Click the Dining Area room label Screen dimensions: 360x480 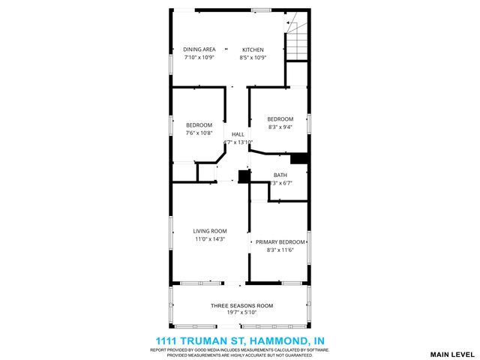pos(199,49)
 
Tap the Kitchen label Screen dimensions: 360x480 pos(253,49)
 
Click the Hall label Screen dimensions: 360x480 pos(238,133)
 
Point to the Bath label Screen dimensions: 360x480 pos(280,175)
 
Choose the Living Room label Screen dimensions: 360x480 pos(209,231)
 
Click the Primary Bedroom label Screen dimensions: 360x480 pos(280,241)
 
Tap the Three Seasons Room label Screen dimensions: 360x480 pos(241,306)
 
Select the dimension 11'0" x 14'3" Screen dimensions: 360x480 pos(209,239)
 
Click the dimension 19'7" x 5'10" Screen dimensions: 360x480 pos(241,314)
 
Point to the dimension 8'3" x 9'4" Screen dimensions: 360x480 pos(280,127)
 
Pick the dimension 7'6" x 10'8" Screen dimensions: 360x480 pos(199,133)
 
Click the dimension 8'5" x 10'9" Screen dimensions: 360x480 pos(253,58)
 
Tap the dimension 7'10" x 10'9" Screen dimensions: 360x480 pos(199,58)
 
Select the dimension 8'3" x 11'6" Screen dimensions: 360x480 pos(280,250)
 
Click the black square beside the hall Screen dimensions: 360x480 pos(243,177)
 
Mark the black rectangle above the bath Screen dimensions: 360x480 pos(299,158)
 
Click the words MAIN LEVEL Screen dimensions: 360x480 pos(452,353)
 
